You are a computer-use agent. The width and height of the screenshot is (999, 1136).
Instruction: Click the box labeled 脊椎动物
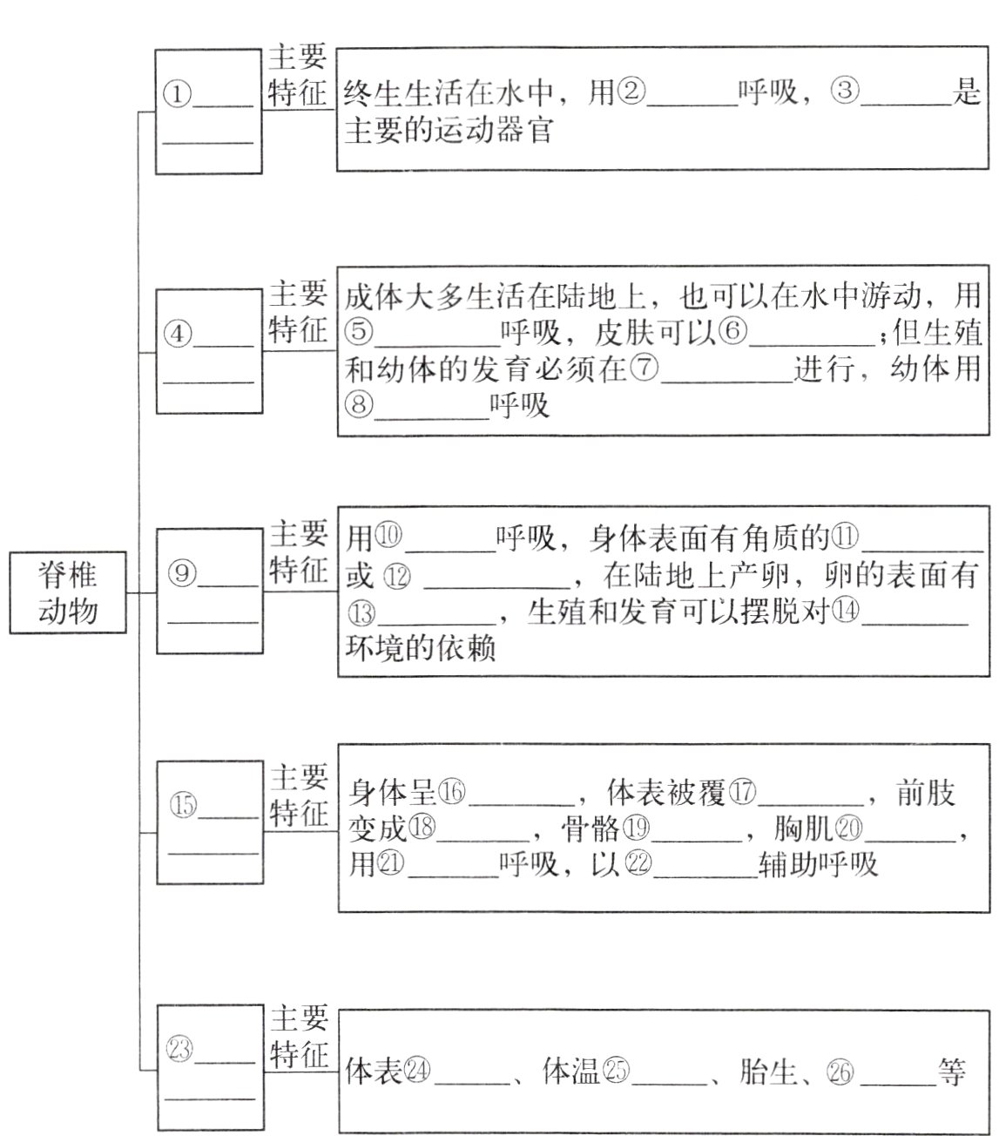tap(67, 592)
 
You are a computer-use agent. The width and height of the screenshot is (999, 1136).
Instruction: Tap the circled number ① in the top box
tap(178, 94)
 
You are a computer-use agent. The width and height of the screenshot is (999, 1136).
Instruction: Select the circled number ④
tap(179, 335)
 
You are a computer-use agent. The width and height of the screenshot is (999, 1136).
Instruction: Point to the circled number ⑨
tap(181, 573)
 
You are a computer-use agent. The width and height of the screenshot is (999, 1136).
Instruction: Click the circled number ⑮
tap(182, 807)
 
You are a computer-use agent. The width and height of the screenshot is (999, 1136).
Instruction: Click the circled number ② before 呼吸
tap(631, 92)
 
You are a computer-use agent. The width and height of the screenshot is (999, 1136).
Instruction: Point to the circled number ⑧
tap(359, 407)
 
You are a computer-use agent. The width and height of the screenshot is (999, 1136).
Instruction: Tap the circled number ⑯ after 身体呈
tap(452, 792)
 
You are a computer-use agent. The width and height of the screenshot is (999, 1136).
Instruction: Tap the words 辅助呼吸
tap(819, 864)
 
